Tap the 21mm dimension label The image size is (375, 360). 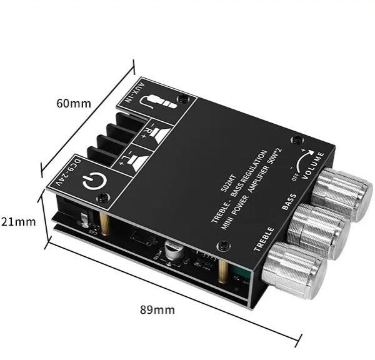[18, 221]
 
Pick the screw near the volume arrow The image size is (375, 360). [293, 142]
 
